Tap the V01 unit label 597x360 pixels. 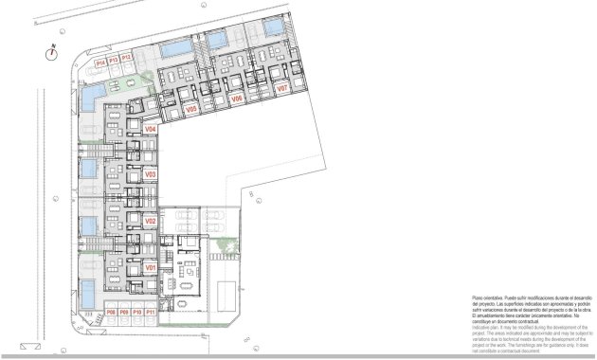tap(150, 269)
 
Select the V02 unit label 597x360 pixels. tap(150, 221)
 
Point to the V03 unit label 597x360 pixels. tap(150, 175)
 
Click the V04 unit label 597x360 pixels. tap(150, 130)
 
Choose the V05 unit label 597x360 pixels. tap(190, 110)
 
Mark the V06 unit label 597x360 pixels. tap(237, 99)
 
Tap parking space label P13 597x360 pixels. tap(113, 60)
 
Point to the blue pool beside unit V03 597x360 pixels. tap(87, 170)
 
